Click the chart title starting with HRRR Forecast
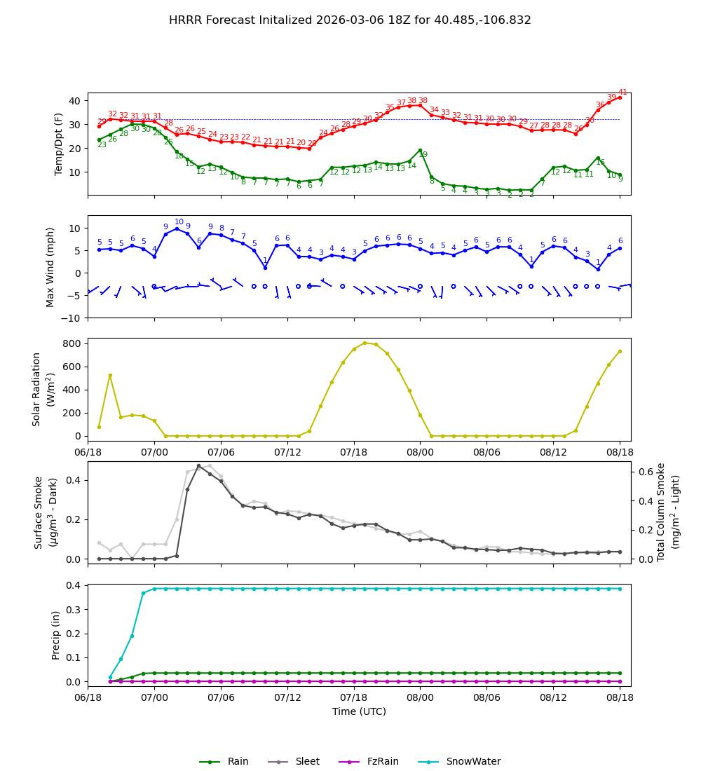pos(350,20)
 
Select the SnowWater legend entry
pos(473,762)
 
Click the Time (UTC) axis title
pos(359,711)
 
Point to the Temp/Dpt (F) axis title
pos(59,144)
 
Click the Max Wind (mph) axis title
pos(50,267)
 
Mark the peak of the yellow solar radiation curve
pos(365,343)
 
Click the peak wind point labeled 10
pos(177,228)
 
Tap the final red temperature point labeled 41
pos(620,97)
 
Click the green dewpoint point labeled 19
pos(420,151)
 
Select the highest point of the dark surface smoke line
pos(198,465)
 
